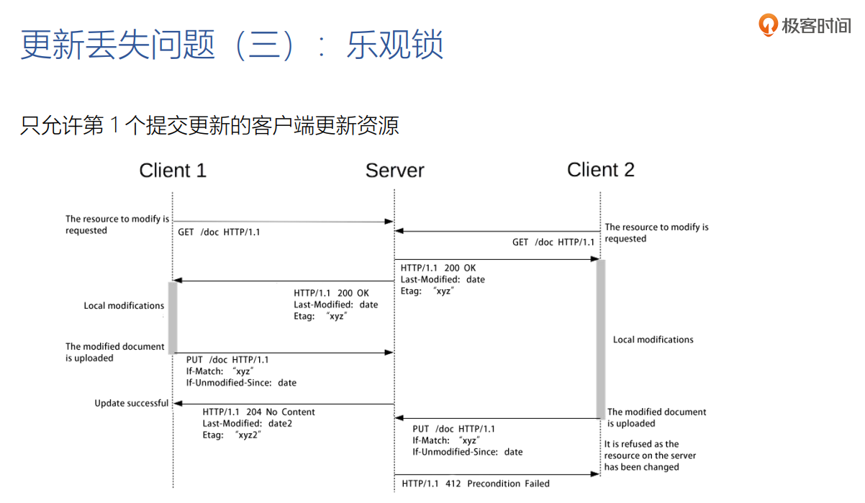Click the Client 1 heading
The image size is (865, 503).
173,171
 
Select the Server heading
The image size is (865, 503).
394,171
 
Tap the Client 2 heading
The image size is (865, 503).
600,170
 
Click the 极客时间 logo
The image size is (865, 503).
805,26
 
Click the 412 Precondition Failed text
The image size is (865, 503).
508,484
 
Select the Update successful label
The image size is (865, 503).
132,404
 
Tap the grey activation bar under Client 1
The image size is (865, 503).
173,317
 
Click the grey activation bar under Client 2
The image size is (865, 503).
600,338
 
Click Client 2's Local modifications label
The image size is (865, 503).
653,340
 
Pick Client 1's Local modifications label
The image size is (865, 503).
124,306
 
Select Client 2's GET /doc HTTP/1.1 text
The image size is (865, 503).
553,243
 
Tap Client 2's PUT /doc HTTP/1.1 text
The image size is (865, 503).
453,429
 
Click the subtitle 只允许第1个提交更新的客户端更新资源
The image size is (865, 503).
209,126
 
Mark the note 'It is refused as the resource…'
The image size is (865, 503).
650,456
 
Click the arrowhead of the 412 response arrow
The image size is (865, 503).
596,474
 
